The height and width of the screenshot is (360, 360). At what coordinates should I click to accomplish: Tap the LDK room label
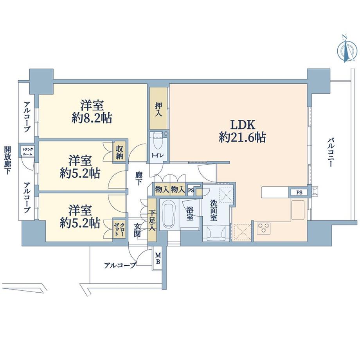click(243, 126)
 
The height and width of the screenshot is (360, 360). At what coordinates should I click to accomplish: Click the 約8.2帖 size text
click(92, 119)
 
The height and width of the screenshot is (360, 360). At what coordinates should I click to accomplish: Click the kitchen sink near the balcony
click(298, 211)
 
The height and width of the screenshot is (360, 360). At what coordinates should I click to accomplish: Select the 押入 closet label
click(158, 109)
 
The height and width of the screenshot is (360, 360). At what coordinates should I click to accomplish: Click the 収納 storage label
click(121, 153)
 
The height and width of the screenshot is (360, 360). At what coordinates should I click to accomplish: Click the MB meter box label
click(158, 258)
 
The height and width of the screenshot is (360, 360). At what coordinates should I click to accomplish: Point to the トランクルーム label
click(27, 152)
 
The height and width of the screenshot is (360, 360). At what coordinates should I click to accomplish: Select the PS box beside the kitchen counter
click(299, 193)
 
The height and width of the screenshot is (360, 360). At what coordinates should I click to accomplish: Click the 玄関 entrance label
click(137, 230)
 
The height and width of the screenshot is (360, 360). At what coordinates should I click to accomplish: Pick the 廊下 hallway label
click(139, 178)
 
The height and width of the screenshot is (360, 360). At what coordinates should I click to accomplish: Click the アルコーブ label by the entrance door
click(120, 265)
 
